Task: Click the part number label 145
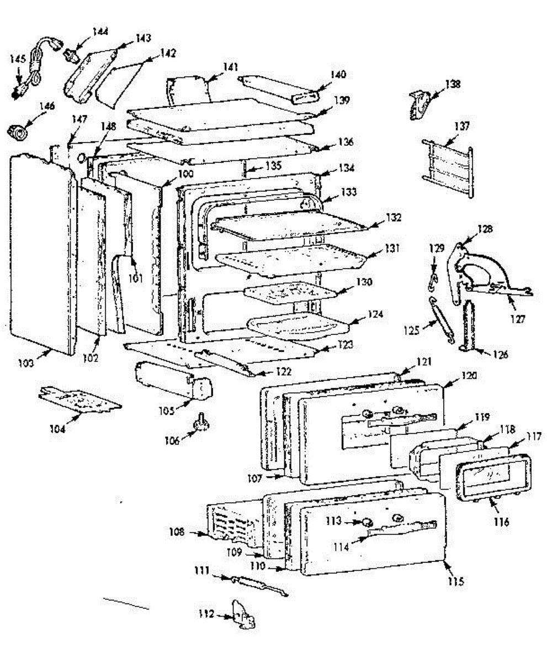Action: pyautogui.click(x=18, y=59)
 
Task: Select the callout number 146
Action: pyautogui.click(x=47, y=106)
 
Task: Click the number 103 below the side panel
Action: pyautogui.click(x=26, y=363)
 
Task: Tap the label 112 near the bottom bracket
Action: pyautogui.click(x=206, y=614)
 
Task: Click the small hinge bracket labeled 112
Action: pyautogui.click(x=243, y=614)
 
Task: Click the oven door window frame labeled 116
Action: pyautogui.click(x=493, y=476)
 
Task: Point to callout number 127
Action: pyautogui.click(x=518, y=318)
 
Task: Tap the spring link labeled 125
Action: pyautogui.click(x=441, y=319)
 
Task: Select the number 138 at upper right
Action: pyautogui.click(x=453, y=84)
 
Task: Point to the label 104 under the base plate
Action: pyautogui.click(x=57, y=429)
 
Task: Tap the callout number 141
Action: pyautogui.click(x=230, y=67)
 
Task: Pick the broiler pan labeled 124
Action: pyautogui.click(x=298, y=326)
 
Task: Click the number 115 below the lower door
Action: pyautogui.click(x=456, y=581)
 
